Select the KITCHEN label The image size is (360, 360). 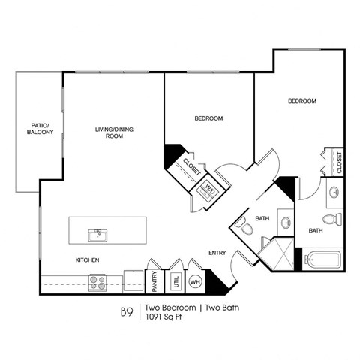88,260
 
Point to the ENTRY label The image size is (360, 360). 217,253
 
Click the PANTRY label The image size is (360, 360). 154,281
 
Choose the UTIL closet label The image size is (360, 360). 176,281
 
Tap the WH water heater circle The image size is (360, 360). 195,282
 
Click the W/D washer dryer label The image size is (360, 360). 209,189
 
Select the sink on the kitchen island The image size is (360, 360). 96,235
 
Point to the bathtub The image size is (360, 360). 323,261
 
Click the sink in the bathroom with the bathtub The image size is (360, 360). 333,193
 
